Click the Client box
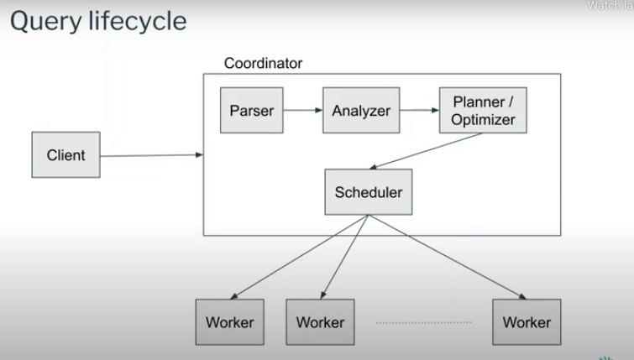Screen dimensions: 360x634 coord(65,154)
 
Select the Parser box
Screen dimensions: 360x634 coord(252,110)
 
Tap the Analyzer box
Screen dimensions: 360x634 coord(361,110)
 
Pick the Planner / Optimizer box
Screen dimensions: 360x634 coord(483,110)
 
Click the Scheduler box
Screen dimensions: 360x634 coord(368,191)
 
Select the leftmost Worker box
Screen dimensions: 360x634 coord(229,321)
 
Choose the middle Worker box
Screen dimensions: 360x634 coord(320,321)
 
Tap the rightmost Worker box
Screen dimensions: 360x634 coord(527,321)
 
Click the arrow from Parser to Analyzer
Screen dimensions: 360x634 coord(303,110)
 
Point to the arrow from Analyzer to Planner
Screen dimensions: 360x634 coord(419,110)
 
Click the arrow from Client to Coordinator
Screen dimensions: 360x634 coord(151,155)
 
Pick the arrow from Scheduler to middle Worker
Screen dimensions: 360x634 coord(345,255)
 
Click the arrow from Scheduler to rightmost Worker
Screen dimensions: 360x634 coord(445,255)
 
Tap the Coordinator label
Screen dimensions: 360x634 coord(263,64)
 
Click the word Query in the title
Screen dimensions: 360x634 coord(44,21)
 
